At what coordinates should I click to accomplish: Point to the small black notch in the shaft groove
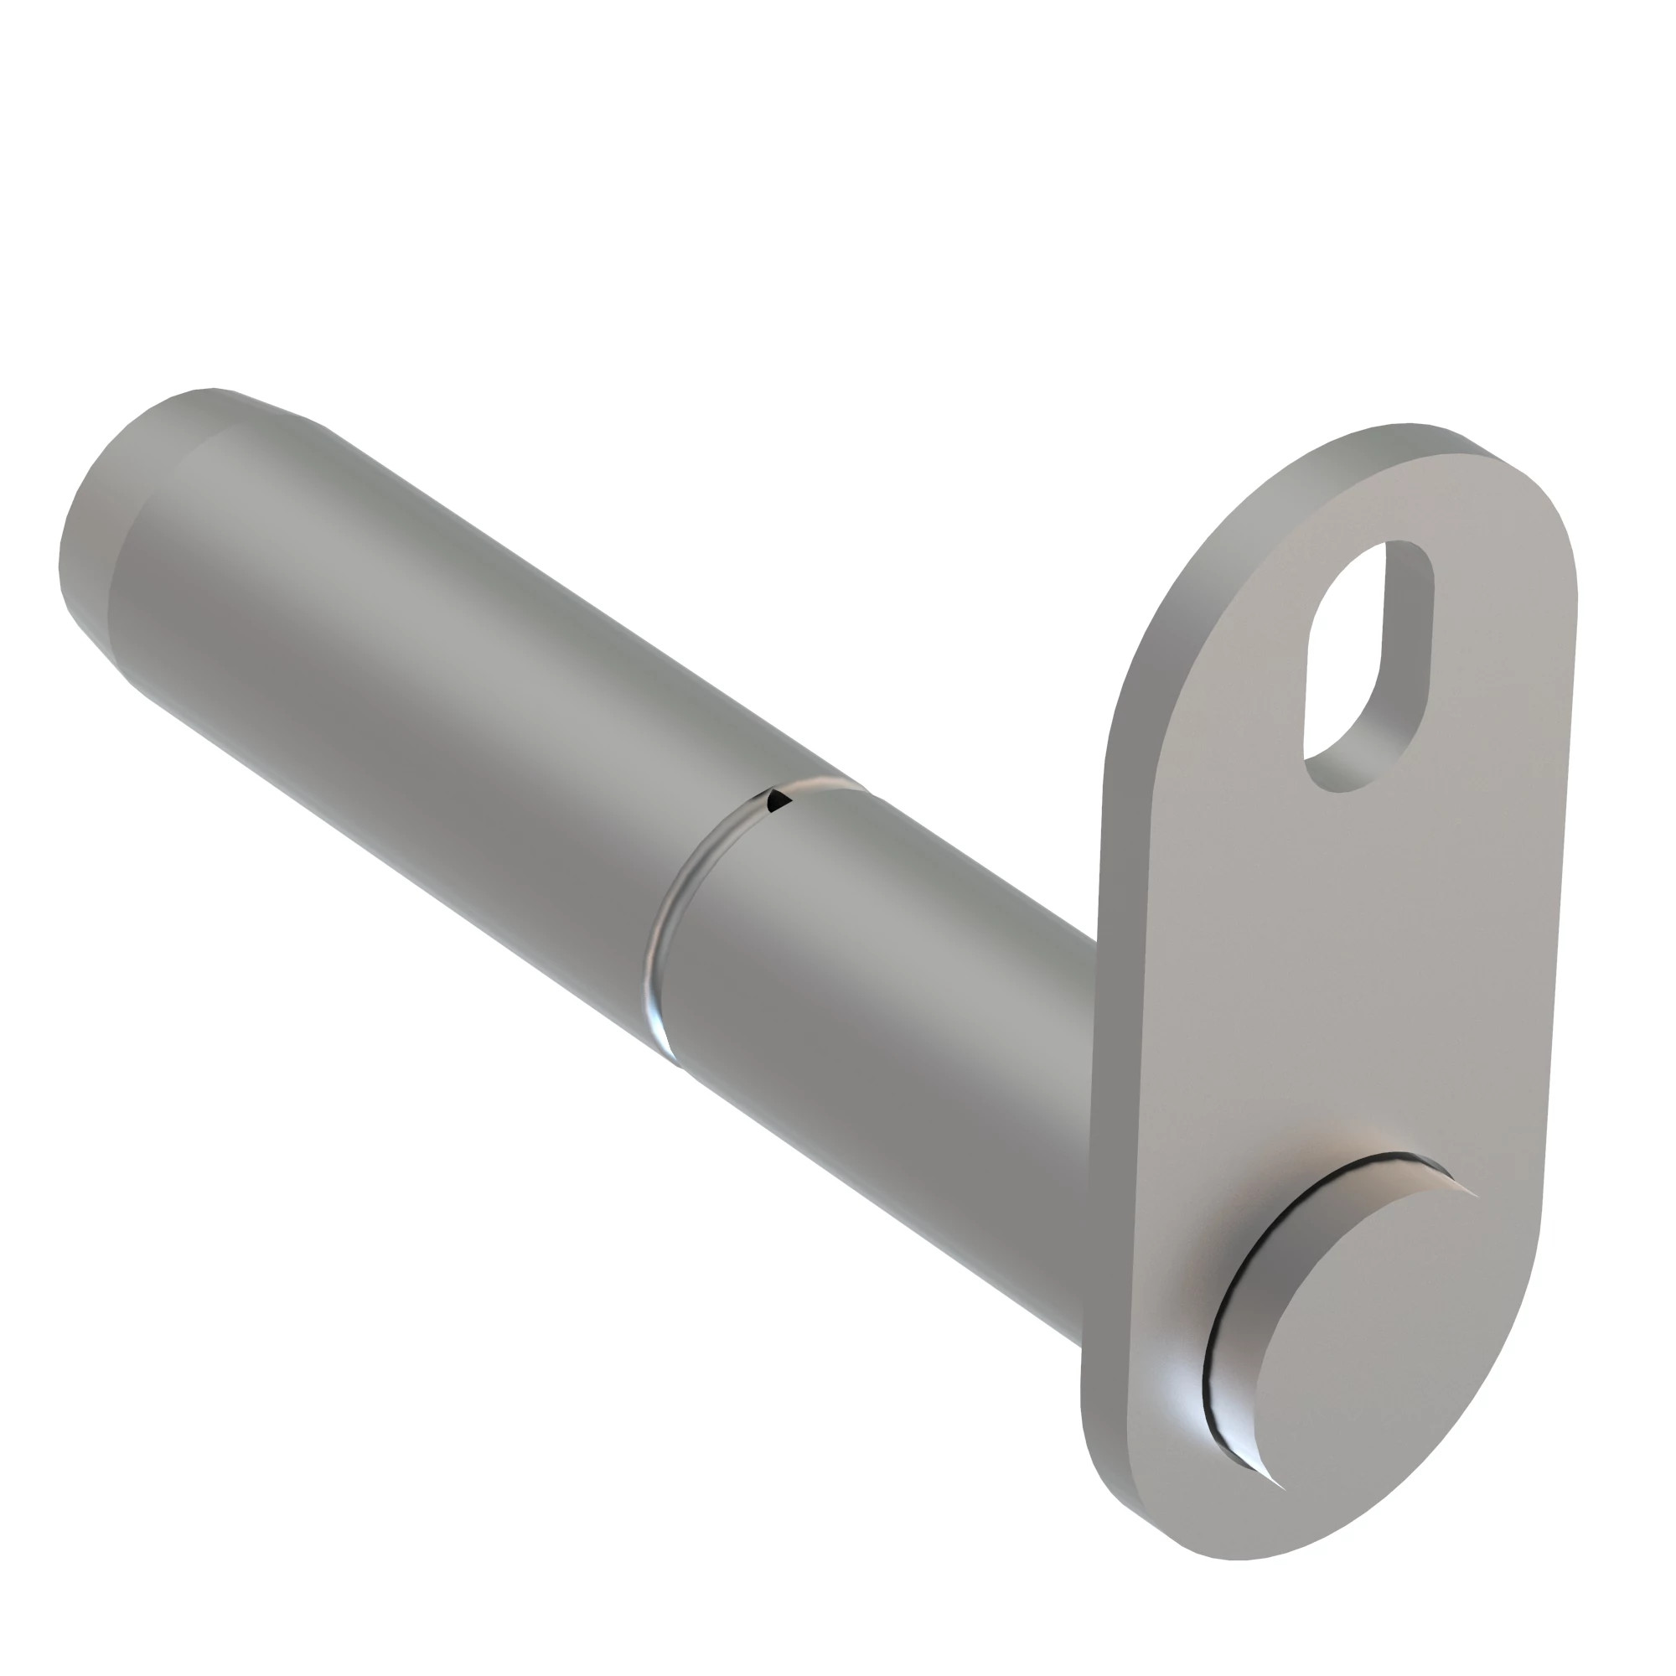[x=779, y=799]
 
